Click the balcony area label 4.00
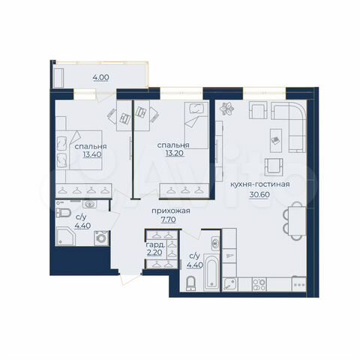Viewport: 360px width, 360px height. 100,76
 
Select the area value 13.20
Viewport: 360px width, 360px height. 172,156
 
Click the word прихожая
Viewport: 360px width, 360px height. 169,211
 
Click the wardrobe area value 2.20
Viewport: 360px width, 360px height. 155,253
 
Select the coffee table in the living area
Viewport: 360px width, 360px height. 276,138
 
